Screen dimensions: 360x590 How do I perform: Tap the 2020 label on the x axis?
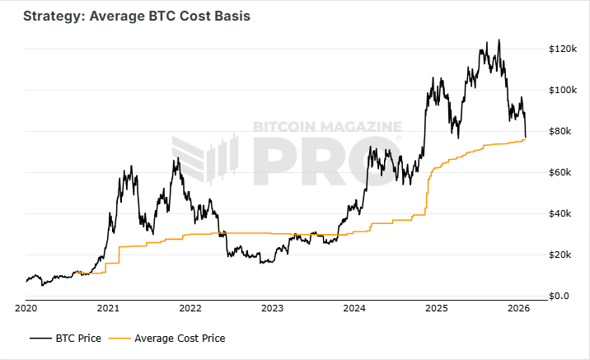pyautogui.click(x=26, y=308)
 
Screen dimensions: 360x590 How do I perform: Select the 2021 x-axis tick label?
pyautogui.click(x=109, y=308)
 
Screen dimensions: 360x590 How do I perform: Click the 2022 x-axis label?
pyautogui.click(x=190, y=308)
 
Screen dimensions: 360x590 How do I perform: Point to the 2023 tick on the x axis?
pyautogui.click(x=273, y=308)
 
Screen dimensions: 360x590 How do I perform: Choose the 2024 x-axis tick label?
pyautogui.click(x=354, y=308)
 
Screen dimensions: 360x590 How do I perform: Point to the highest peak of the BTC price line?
pyautogui.click(x=498, y=40)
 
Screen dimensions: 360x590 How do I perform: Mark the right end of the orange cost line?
pyautogui.click(x=526, y=139)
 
